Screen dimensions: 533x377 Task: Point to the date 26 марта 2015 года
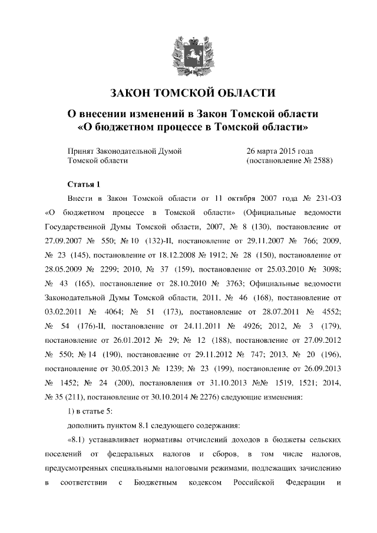point(279,151)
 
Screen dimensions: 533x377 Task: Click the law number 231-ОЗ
point(323,199)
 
